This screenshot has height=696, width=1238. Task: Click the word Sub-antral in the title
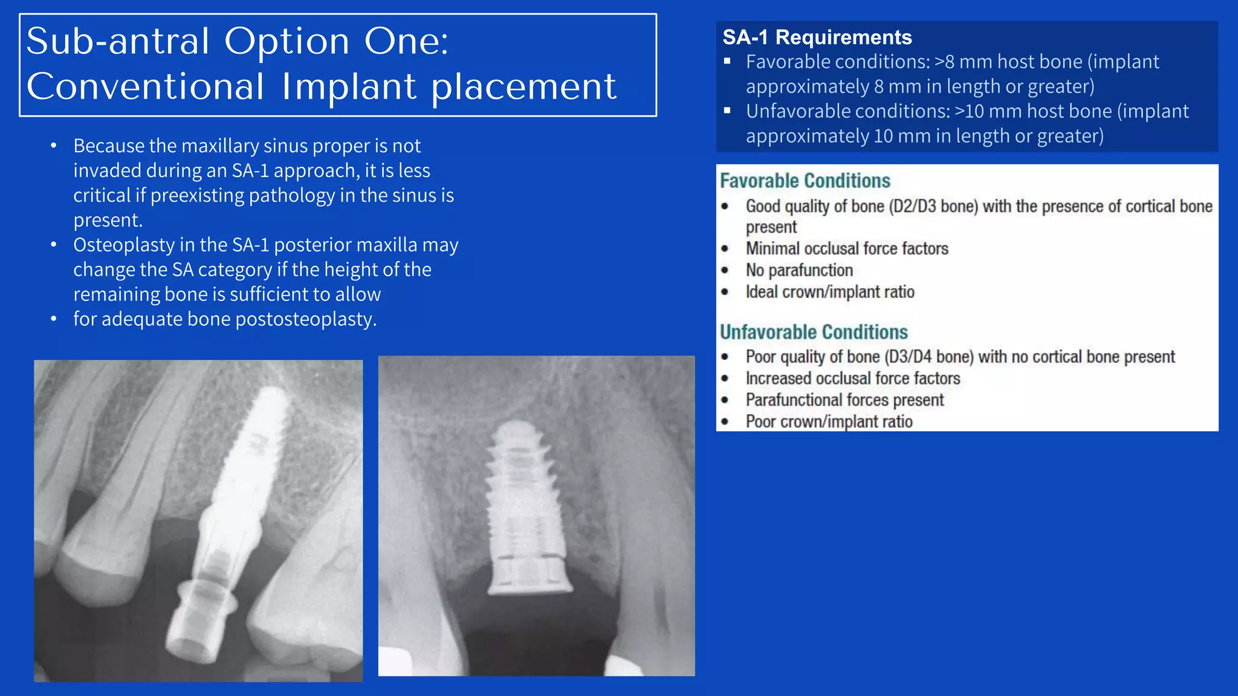pyautogui.click(x=118, y=42)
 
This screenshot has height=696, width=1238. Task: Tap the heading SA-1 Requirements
pyautogui.click(x=817, y=37)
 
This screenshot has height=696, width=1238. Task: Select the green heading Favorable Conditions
pyautogui.click(x=805, y=181)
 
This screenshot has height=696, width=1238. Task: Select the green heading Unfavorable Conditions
pyautogui.click(x=813, y=332)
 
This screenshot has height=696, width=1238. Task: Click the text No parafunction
pyautogui.click(x=799, y=270)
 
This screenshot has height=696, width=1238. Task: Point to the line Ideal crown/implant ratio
pyautogui.click(x=829, y=292)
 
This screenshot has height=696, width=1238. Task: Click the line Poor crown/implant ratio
pyautogui.click(x=828, y=421)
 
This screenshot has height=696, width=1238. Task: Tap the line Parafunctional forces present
pyautogui.click(x=844, y=400)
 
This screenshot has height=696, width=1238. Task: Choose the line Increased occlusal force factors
pyautogui.click(x=852, y=378)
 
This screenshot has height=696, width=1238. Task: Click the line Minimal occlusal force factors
pyautogui.click(x=846, y=248)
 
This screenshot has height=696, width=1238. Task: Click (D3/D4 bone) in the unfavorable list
pyautogui.click(x=928, y=357)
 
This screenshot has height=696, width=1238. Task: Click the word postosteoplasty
pyautogui.click(x=305, y=319)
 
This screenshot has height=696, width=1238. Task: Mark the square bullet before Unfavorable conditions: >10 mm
pyautogui.click(x=727, y=111)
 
